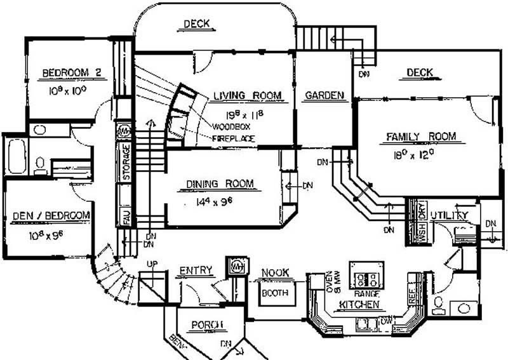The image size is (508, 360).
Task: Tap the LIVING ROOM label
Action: [247, 96]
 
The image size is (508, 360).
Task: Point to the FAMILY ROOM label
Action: [422, 137]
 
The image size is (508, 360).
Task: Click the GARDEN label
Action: [324, 96]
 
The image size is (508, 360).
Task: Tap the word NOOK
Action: [274, 273]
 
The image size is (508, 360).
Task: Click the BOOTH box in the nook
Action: [275, 293]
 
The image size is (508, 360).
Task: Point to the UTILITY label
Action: [449, 216]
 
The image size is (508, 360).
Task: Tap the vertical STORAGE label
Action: [126, 163]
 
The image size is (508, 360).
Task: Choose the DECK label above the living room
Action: [197, 25]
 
